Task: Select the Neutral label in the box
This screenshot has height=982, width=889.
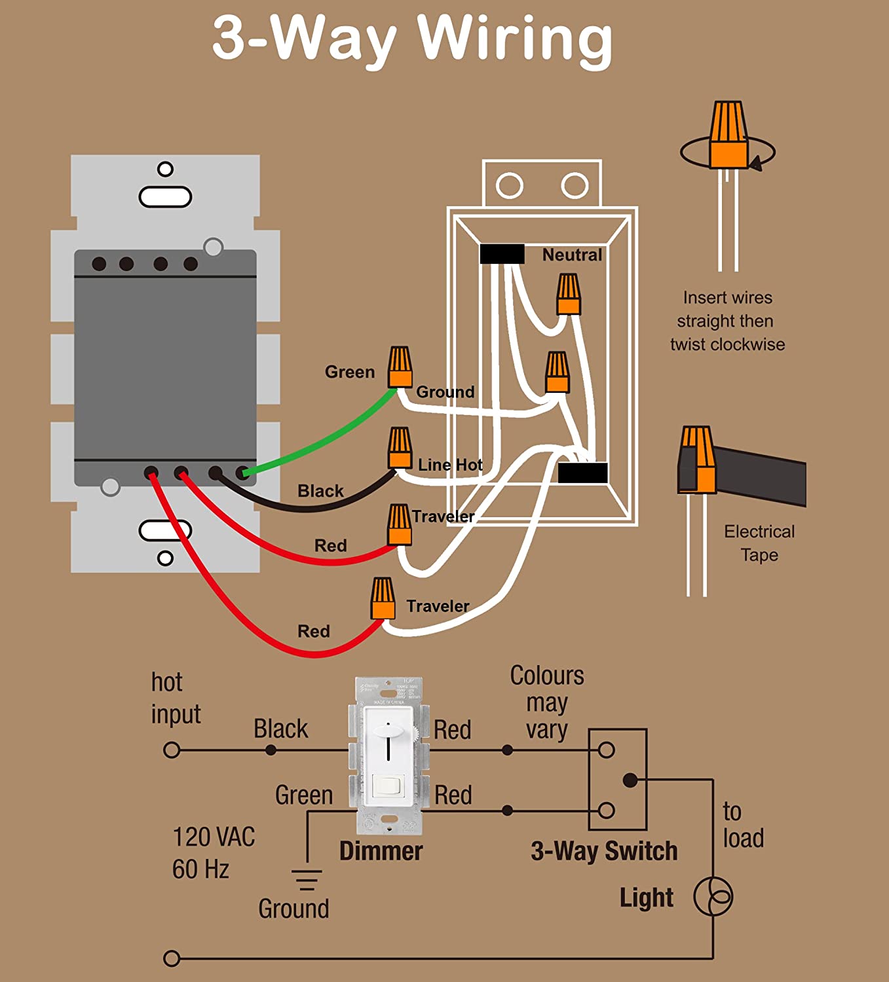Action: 571,255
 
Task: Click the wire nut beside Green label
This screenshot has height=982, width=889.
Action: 400,368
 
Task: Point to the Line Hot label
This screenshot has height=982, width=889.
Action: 450,465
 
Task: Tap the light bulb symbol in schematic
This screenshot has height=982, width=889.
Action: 713,896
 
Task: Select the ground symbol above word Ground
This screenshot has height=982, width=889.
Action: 307,879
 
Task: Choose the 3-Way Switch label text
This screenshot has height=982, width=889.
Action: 604,851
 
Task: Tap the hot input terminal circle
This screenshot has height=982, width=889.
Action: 172,750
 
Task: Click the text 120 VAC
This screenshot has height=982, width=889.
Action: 214,837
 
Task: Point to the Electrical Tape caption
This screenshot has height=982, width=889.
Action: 759,543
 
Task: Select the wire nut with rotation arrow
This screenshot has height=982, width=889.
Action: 728,135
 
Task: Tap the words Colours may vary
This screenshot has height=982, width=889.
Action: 547,702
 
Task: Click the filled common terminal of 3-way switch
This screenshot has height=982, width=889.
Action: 630,780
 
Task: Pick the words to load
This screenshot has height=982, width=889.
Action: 743,825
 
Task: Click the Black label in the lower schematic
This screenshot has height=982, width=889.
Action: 280,729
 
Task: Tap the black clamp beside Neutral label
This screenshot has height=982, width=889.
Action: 502,254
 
